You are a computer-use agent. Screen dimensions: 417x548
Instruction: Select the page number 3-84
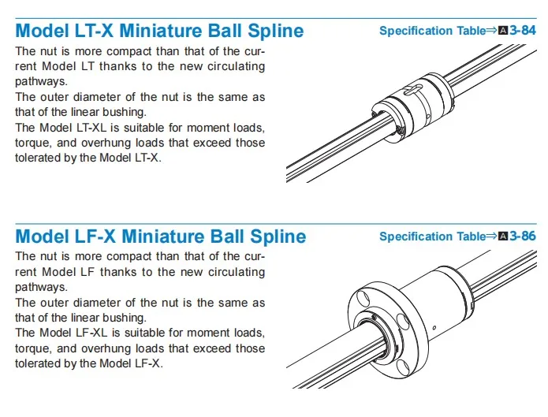[x=522, y=31]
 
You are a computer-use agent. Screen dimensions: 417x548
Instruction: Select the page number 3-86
[x=522, y=236]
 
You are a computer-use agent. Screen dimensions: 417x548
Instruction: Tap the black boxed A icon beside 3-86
[x=504, y=236]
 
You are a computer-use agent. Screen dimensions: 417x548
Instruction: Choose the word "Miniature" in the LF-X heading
[x=163, y=236]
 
